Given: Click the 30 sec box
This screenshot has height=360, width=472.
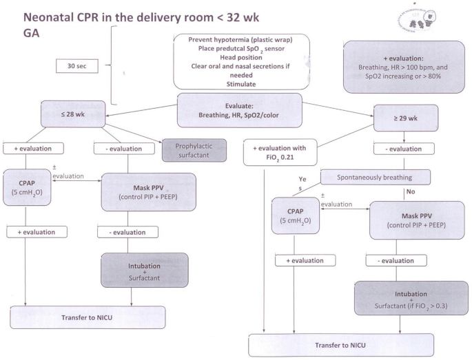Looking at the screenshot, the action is pos(77,66).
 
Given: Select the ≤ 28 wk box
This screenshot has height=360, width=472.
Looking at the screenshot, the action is pos(73,114).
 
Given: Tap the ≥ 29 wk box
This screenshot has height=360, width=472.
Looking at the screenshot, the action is pos(406,118).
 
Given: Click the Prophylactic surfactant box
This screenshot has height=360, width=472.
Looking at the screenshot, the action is pos(194,150).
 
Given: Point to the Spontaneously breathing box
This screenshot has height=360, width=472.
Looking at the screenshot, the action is pos(376,177).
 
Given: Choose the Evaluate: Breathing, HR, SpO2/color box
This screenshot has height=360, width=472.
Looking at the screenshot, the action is pos(240,110).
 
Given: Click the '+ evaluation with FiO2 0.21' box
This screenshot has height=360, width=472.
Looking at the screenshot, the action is pos(280,153).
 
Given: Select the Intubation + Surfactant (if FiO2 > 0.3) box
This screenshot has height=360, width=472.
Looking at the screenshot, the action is pos(411,298).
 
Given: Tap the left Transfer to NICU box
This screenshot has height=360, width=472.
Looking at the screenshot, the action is pos(88,317).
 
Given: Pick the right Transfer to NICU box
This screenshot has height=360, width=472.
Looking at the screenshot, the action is pos(341,345).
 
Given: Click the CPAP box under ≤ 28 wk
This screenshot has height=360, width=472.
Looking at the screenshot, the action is pos(27,187).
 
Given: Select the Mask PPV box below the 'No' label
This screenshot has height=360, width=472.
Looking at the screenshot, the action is pos(417,220).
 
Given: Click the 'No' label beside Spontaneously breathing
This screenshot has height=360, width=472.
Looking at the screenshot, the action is pos(411,191).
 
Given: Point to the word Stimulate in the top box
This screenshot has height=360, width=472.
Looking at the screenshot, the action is pos(241,84).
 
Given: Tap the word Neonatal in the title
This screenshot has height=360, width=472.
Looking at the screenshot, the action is pos(48,17).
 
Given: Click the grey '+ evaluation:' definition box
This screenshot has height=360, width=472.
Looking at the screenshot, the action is pos(404,67).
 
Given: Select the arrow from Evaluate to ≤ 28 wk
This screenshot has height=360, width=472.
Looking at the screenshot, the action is pos(141,110).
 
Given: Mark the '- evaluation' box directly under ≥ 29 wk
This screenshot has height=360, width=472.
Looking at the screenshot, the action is pos(404,149).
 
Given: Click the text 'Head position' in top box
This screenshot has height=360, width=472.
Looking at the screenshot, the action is pos(241,57).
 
